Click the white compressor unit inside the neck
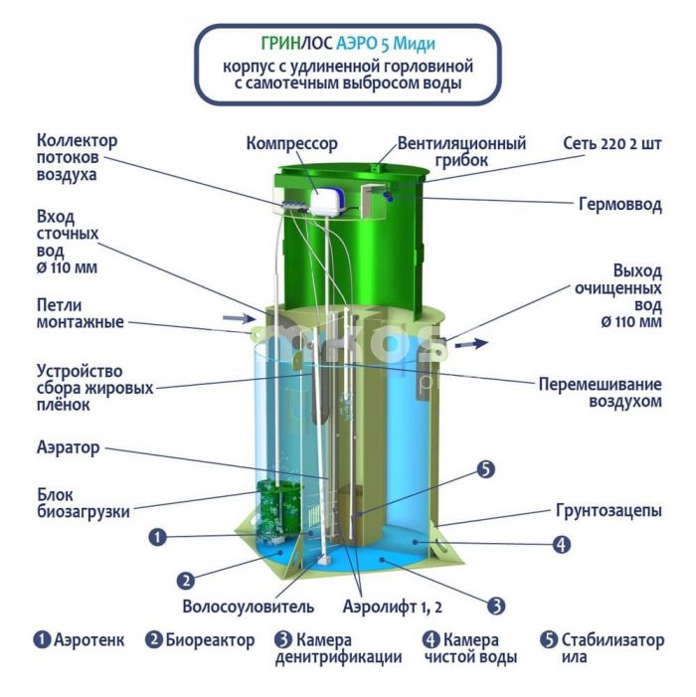[328, 202]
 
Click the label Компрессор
[292, 144]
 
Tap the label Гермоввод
[620, 205]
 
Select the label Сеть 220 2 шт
[612, 143]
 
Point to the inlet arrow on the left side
[239, 318]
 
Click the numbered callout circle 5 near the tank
[486, 469]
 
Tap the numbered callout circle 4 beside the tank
[562, 544]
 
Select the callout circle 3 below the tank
[496, 606]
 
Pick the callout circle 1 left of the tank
[157, 537]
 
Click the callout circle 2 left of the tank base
[186, 581]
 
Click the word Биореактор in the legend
[210, 640]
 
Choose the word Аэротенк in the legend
[88, 640]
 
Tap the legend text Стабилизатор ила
[612, 648]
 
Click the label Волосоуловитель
[248, 607]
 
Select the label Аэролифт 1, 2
[393, 607]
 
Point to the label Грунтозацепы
[609, 511]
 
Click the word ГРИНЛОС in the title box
[296, 44]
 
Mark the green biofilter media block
[278, 509]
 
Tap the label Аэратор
[68, 447]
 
